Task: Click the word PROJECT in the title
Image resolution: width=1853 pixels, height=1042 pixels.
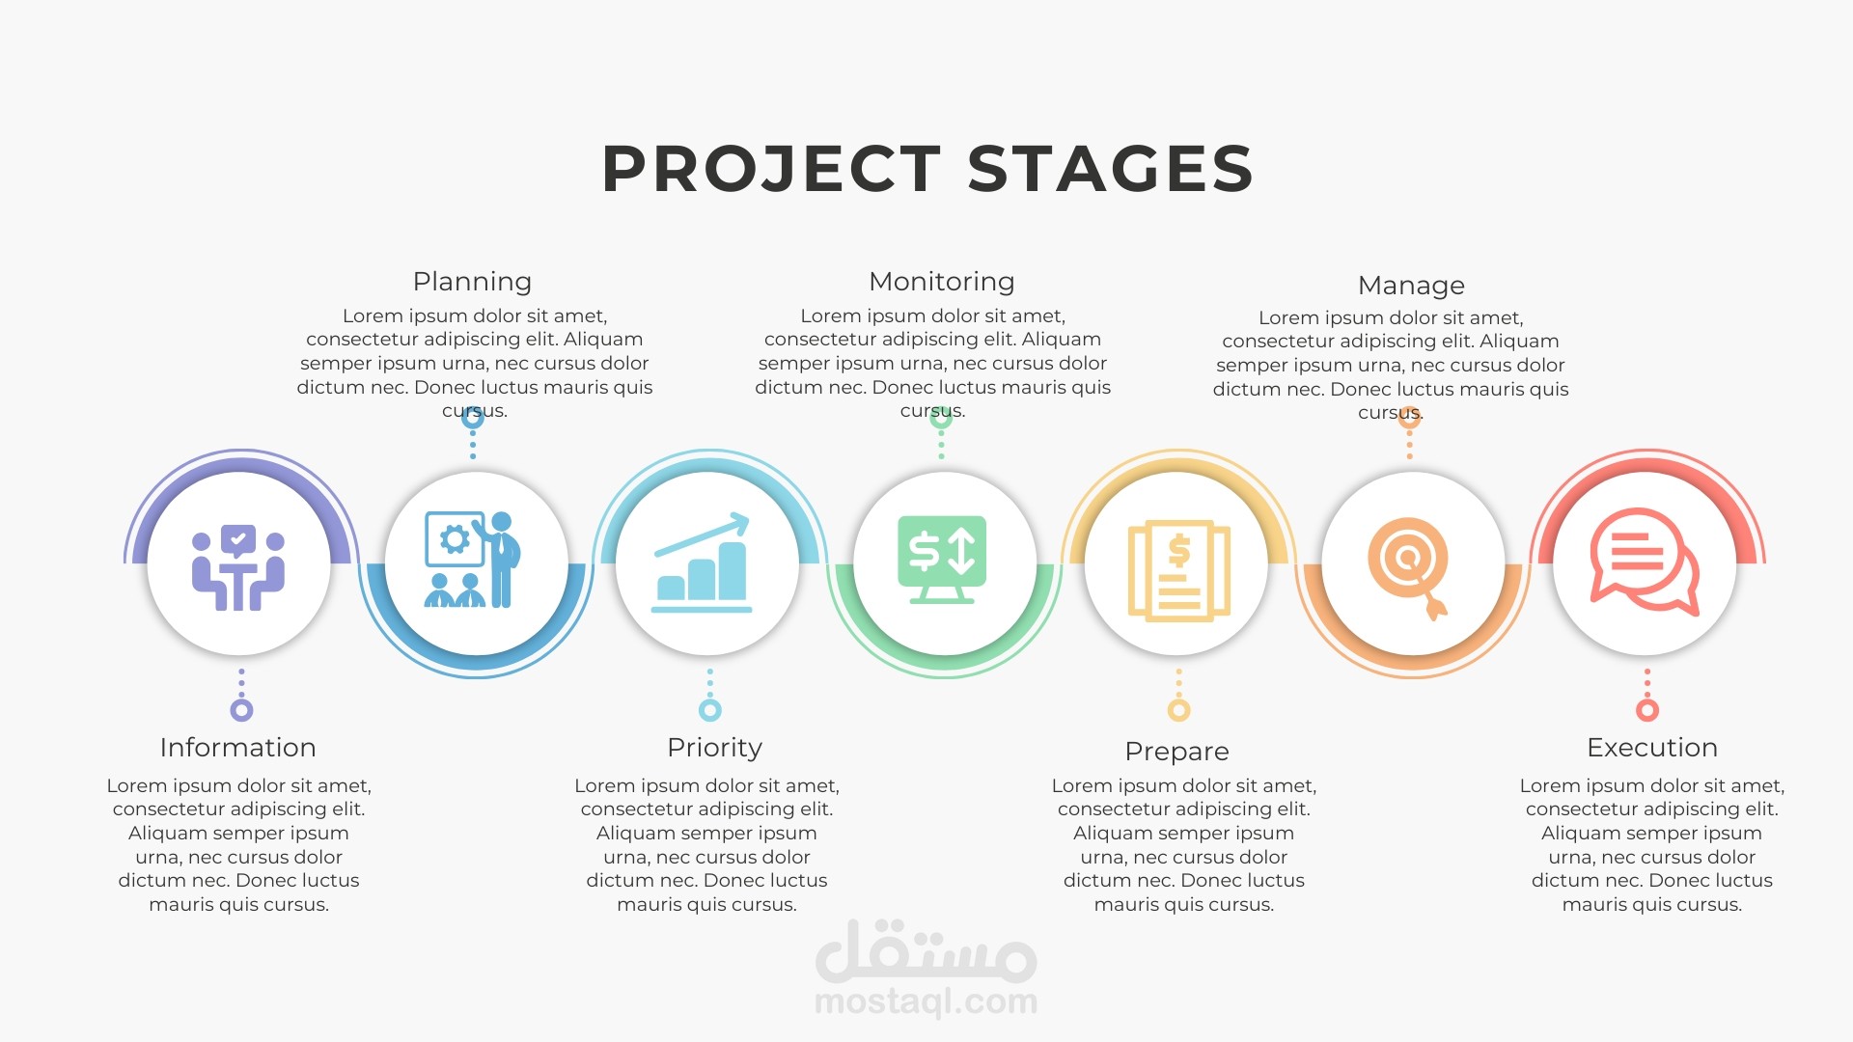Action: [772, 169]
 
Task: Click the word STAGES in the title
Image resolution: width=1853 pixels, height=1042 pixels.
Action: [1111, 169]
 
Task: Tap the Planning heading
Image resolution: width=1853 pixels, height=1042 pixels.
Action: [472, 282]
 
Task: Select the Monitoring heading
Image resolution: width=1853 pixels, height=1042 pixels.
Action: [942, 282]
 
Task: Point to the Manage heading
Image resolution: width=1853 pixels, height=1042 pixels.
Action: [1411, 286]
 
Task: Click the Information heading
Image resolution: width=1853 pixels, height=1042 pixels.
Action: [237, 748]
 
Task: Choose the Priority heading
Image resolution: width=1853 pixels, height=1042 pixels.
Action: [714, 749]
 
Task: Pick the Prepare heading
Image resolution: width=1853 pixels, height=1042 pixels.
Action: [1176, 752]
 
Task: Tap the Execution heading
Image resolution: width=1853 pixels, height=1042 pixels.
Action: [1652, 748]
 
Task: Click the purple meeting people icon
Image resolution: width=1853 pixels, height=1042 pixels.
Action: [238, 567]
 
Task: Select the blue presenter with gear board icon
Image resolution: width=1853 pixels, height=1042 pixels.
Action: [473, 560]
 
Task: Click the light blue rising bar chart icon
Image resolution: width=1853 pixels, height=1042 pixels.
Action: [702, 562]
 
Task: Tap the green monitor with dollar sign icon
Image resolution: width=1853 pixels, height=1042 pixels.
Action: [942, 560]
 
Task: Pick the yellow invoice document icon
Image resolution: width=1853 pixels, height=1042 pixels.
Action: [1179, 570]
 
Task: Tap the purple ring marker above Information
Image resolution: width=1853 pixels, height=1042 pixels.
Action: [241, 710]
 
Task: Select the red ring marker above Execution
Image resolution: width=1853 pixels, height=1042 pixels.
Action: [1647, 710]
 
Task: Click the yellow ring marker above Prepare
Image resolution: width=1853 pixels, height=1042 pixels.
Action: [1178, 710]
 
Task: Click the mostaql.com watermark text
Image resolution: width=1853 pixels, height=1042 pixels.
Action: [926, 1001]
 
